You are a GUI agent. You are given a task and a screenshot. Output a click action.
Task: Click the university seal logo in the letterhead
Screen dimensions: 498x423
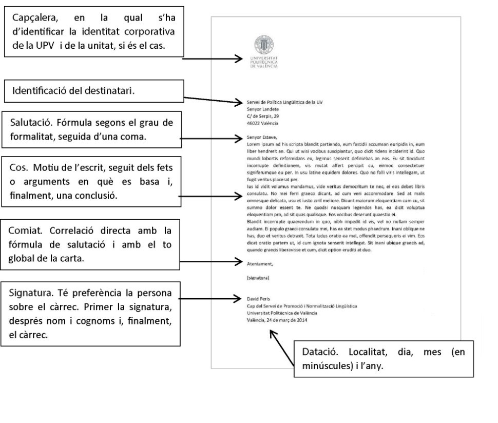tap(264, 45)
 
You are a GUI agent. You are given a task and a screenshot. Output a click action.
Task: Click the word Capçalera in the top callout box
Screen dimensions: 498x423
tap(35, 18)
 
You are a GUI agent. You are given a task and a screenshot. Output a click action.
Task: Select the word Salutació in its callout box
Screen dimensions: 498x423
tap(30, 123)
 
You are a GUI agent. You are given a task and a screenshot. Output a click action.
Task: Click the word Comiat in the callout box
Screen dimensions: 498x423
tap(25, 230)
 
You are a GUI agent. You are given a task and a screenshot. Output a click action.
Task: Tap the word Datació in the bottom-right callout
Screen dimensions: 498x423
tap(320, 352)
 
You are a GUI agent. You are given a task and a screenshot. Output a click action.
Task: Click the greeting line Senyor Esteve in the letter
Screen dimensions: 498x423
tap(262, 138)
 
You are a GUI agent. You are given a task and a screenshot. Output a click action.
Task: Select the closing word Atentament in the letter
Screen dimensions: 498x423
tap(260, 264)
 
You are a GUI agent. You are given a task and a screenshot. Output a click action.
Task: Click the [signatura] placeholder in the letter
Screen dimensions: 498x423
tap(258, 278)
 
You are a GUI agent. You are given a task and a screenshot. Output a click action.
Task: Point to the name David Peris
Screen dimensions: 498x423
tap(258, 299)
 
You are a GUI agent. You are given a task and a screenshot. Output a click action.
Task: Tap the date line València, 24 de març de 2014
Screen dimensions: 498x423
tap(277, 320)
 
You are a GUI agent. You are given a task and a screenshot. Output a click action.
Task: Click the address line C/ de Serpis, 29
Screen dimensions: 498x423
tap(263, 116)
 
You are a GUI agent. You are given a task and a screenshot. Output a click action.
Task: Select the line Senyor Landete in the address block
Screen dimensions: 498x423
tap(263, 109)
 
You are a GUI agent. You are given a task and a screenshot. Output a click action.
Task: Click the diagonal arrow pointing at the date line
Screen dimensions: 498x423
tap(282, 349)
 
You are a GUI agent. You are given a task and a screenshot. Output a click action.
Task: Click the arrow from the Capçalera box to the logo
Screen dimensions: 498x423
tap(213, 59)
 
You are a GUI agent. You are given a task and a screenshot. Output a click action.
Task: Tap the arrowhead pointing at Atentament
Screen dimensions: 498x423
tap(239, 262)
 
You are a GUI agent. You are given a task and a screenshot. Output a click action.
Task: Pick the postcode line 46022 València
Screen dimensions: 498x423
tap(262, 123)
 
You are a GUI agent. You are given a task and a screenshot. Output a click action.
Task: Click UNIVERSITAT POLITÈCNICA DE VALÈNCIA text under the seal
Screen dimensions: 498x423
tap(264, 62)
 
